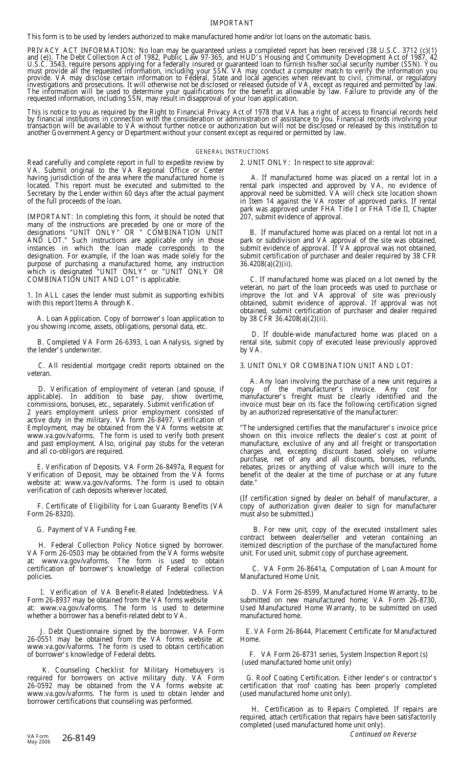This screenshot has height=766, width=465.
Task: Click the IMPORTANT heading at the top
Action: (232, 23)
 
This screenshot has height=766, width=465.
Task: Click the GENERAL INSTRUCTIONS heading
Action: (232, 152)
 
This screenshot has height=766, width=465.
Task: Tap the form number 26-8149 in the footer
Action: (79, 738)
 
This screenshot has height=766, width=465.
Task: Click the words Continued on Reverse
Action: (383, 734)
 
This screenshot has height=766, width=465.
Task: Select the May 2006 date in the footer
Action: (39, 742)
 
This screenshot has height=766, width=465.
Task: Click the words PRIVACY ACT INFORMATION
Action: (80, 50)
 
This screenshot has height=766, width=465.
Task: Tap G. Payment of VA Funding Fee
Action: (87, 530)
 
